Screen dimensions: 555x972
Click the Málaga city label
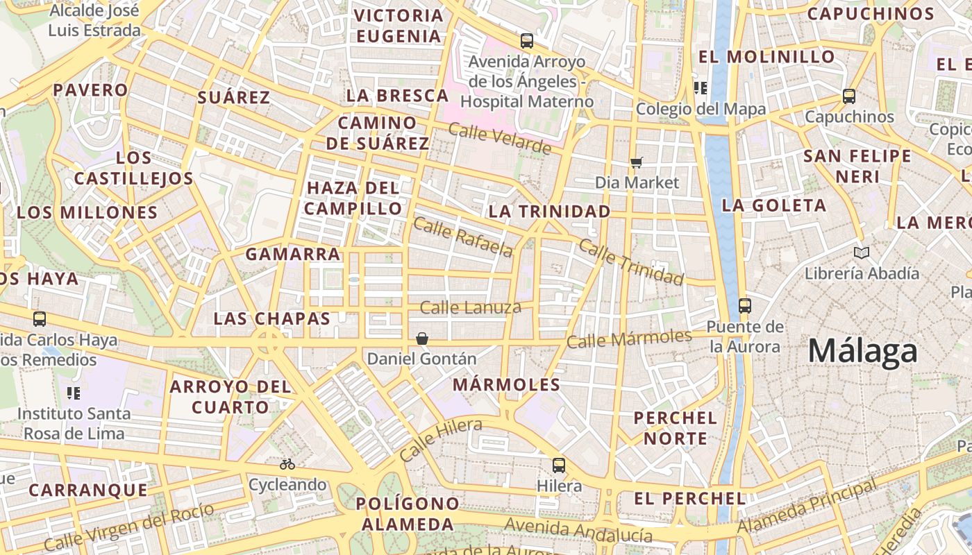click(x=863, y=351)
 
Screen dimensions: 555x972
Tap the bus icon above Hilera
click(x=558, y=465)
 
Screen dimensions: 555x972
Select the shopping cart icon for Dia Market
click(x=636, y=162)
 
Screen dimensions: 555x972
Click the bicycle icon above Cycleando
click(x=287, y=463)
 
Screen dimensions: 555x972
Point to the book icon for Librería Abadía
click(x=862, y=253)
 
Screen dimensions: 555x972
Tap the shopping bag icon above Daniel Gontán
click(x=421, y=339)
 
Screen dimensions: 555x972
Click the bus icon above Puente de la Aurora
click(x=745, y=305)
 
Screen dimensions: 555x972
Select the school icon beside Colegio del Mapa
click(x=700, y=87)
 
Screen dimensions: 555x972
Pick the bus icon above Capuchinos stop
click(x=848, y=96)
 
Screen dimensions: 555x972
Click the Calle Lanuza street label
click(x=471, y=307)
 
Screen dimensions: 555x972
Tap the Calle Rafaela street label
click(x=463, y=237)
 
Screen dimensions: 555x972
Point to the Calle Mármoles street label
click(x=629, y=339)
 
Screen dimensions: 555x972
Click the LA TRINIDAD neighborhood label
click(x=550, y=211)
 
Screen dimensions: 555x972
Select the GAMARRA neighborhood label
click(x=293, y=255)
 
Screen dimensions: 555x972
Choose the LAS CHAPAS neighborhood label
click(x=271, y=318)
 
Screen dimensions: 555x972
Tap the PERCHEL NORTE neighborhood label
click(x=675, y=428)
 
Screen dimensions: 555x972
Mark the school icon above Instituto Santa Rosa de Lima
click(x=74, y=393)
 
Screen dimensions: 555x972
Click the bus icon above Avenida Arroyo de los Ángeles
click(x=527, y=40)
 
